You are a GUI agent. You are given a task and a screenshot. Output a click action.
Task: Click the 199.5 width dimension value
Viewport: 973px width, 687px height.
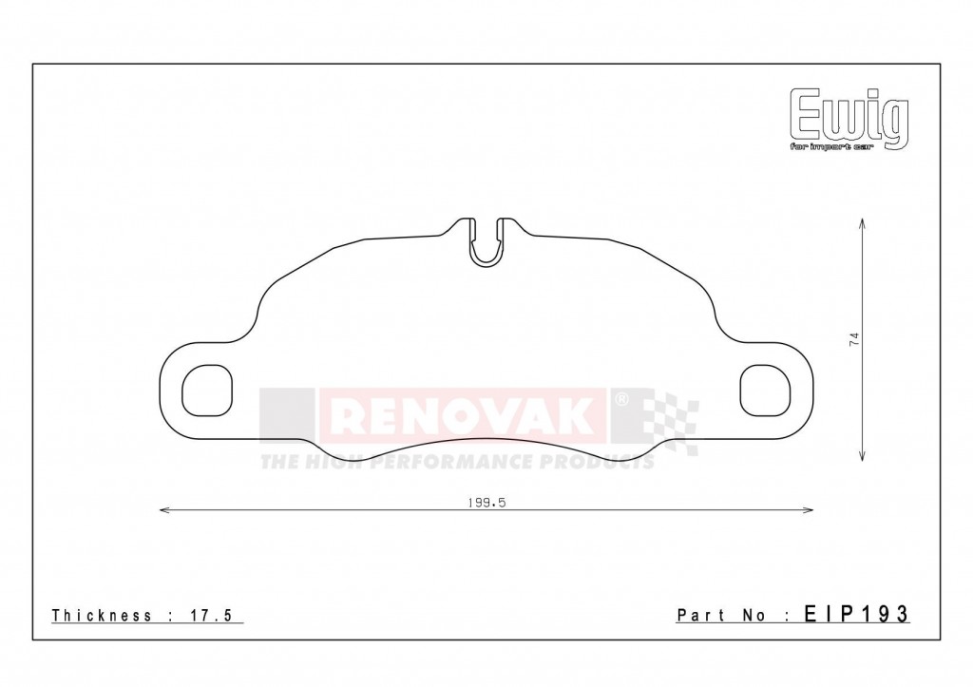[486, 504]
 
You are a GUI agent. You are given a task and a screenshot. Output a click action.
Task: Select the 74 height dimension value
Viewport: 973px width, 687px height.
[854, 339]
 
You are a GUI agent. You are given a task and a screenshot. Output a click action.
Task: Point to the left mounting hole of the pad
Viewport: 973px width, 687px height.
[206, 391]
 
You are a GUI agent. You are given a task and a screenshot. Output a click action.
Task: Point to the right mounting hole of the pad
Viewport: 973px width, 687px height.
[765, 391]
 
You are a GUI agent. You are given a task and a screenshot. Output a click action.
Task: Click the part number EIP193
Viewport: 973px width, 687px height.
[856, 615]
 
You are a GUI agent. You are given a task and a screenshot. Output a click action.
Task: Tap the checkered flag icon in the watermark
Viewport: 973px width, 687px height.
[671, 422]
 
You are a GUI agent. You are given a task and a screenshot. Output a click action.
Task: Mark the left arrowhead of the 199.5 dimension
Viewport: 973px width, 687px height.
[162, 511]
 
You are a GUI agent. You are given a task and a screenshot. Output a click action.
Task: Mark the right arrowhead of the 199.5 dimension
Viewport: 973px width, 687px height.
[811, 511]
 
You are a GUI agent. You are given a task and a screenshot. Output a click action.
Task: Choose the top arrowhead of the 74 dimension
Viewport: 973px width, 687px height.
[862, 221]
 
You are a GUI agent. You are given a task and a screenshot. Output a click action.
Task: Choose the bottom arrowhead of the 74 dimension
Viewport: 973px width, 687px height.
[862, 460]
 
